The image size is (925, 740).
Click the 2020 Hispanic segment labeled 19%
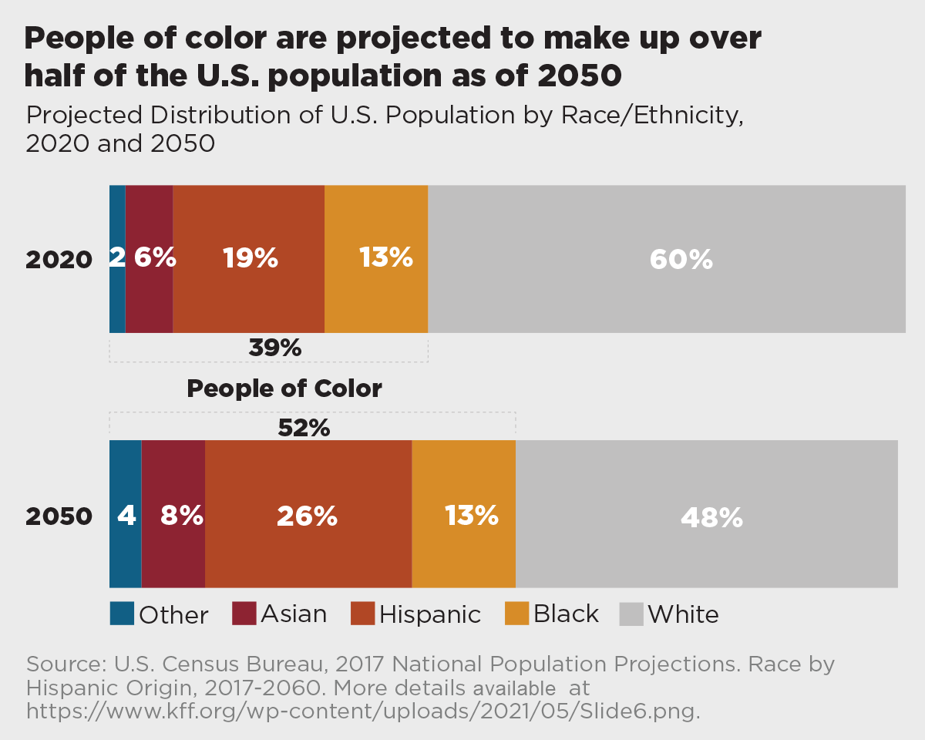pos(248,259)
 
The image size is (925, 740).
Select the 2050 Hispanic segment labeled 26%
pos(308,514)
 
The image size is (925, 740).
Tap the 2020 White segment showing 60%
pos(667,259)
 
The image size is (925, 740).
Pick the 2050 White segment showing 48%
pos(707,514)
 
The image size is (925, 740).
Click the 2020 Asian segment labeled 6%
pos(150,259)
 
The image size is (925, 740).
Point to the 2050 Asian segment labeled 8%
pos(173,514)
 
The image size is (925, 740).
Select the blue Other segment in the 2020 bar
pos(117,259)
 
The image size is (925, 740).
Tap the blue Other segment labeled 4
pos(126,514)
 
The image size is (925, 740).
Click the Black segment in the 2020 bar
pos(376,259)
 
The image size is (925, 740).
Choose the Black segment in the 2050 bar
pos(464,514)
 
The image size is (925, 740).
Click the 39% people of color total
pos(275,348)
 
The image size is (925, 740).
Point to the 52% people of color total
pos(304,428)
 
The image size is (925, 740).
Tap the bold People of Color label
pos(284,388)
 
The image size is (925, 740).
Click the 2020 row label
pos(59,260)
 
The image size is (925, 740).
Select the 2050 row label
pos(59,516)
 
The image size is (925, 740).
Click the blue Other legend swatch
pos(122,614)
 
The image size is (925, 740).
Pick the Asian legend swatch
pos(244,614)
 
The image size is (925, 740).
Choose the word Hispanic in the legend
pos(430,614)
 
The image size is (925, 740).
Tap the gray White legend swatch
pos(631,614)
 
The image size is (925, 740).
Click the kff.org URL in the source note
pos(362,710)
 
